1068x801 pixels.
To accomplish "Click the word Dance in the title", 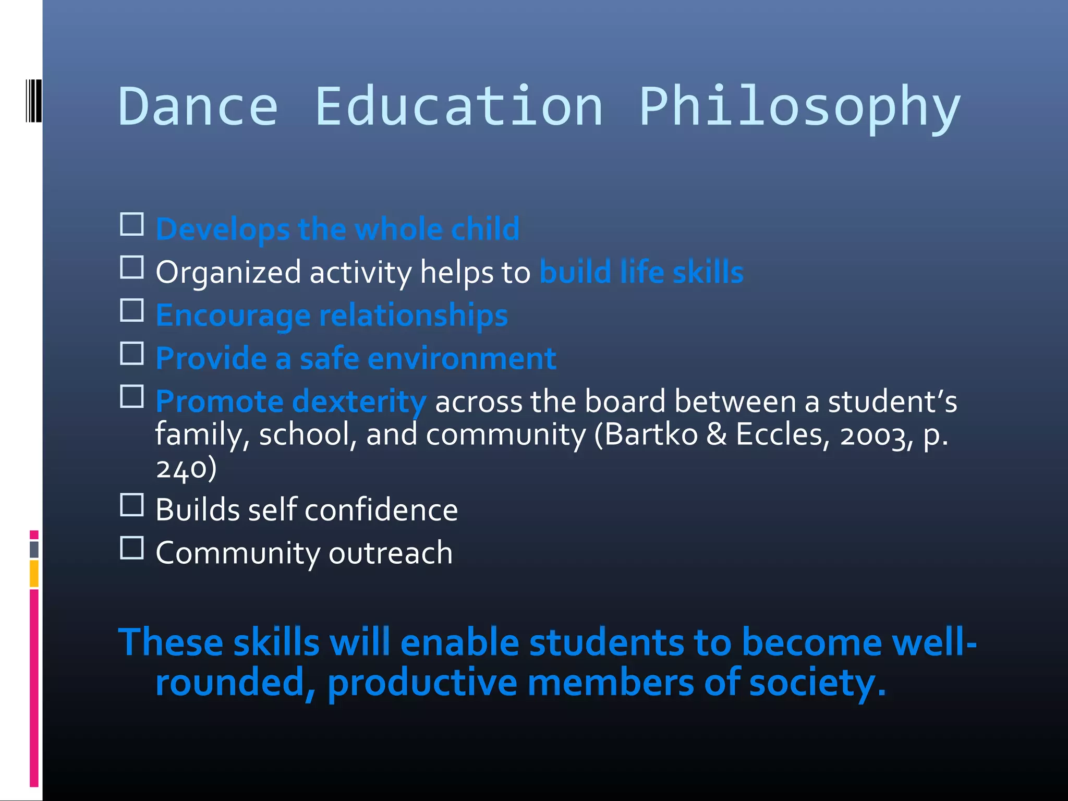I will (x=198, y=107).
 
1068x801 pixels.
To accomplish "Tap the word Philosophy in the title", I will (x=799, y=107).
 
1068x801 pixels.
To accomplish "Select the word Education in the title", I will (x=459, y=107).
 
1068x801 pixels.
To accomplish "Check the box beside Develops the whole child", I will (x=132, y=225).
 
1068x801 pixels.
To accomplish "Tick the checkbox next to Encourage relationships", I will (x=132, y=311).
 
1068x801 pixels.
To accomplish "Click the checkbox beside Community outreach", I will (x=132, y=548).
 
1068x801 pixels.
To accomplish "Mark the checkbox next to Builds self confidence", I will (x=132, y=505).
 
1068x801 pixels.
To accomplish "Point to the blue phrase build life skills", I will (x=641, y=272).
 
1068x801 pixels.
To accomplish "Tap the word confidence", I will (x=381, y=510).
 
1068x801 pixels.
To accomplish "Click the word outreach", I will (x=391, y=553).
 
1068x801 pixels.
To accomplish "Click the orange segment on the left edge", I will (x=34, y=574).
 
